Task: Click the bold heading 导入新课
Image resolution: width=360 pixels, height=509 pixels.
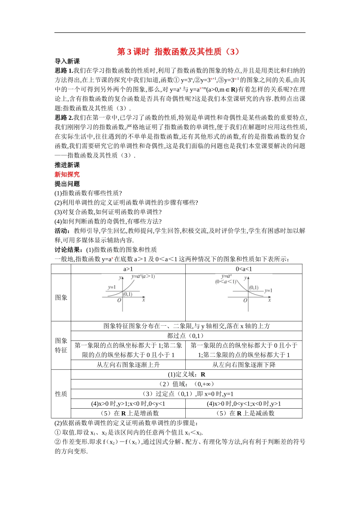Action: (x=67, y=61)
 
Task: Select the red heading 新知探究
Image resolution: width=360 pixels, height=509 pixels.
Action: (x=67, y=175)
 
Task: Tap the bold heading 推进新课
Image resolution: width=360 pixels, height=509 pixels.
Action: (x=67, y=165)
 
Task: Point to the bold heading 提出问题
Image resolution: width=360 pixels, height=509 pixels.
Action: (x=67, y=184)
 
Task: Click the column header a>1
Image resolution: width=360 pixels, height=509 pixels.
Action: (x=128, y=269)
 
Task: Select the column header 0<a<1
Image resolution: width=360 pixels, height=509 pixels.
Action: (x=244, y=269)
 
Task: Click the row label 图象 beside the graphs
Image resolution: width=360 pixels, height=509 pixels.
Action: (x=61, y=298)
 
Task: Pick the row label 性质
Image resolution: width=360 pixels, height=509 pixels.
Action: (x=61, y=394)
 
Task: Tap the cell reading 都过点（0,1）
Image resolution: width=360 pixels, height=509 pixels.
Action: (x=186, y=336)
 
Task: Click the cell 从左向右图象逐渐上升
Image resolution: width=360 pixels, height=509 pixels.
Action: (x=128, y=365)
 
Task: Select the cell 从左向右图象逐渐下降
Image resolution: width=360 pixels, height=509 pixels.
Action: (x=244, y=365)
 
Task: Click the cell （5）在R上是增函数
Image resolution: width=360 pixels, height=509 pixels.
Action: (x=128, y=413)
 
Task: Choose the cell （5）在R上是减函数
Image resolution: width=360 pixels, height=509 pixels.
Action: (x=244, y=413)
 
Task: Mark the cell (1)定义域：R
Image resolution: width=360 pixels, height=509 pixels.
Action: (x=186, y=375)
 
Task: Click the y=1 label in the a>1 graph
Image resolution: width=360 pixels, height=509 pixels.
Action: (x=112, y=287)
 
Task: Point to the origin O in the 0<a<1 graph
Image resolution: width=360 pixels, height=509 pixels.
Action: (x=245, y=300)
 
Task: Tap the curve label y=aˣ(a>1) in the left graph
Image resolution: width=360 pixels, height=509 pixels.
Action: (x=143, y=277)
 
